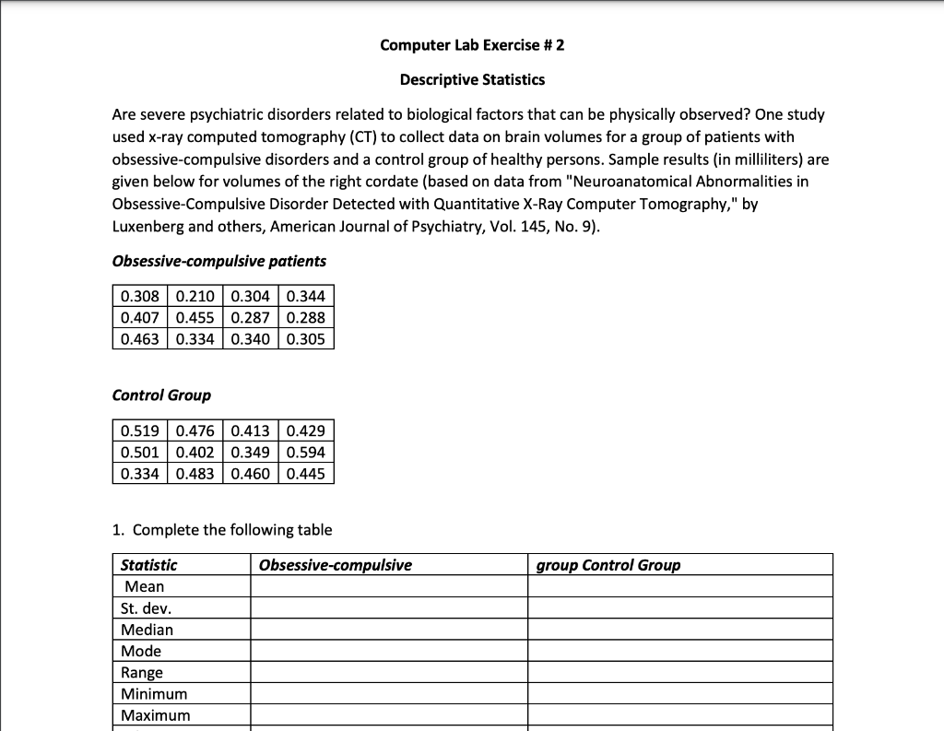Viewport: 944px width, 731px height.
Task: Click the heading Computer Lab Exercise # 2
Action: (x=472, y=45)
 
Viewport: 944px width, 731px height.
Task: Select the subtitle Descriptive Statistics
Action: (x=472, y=79)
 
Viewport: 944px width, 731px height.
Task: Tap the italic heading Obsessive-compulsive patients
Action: (x=218, y=261)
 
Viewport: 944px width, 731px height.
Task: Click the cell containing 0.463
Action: (x=139, y=338)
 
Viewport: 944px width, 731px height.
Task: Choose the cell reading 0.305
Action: (x=305, y=338)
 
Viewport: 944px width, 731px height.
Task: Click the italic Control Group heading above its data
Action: (x=161, y=395)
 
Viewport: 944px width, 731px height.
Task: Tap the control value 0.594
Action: (x=305, y=453)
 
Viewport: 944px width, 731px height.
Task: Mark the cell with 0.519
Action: (x=139, y=431)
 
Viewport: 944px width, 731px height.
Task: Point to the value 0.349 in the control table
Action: (x=250, y=453)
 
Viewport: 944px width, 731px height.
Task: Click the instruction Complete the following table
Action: (x=231, y=529)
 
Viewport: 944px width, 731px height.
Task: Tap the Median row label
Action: (x=147, y=630)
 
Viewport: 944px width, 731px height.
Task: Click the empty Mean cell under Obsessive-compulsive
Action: (x=388, y=586)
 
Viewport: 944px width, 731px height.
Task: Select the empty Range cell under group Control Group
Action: (x=679, y=672)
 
